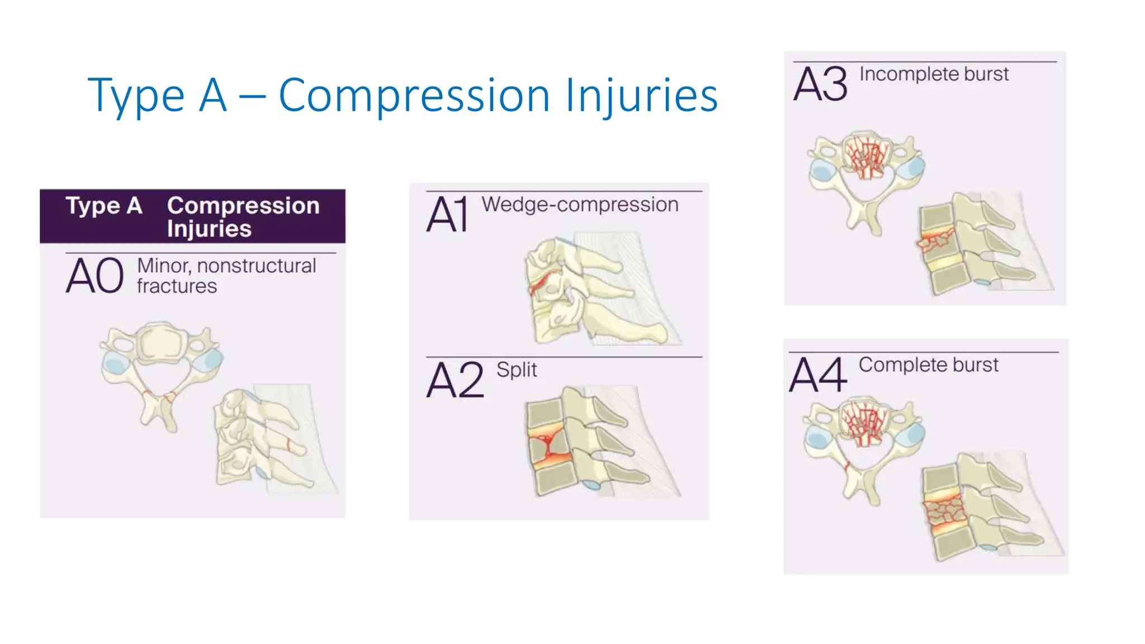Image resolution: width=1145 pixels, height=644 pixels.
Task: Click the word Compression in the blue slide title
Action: [x=414, y=96]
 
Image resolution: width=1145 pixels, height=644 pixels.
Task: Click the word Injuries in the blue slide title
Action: [x=641, y=96]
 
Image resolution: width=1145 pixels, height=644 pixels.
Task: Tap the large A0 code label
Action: [x=94, y=276]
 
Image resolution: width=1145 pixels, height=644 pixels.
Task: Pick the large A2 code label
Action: [x=455, y=380]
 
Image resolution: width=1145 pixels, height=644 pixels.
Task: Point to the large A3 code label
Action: [x=820, y=84]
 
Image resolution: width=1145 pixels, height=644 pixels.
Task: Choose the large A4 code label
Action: [x=818, y=375]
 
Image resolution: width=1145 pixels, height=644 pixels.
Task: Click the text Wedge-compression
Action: [x=580, y=205]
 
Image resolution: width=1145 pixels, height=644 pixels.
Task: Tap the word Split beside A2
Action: [x=517, y=370]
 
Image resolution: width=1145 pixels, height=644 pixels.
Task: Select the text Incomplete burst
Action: [x=934, y=74]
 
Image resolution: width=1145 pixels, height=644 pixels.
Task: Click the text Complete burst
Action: [x=928, y=364]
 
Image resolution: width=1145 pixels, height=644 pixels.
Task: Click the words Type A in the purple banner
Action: [x=104, y=206]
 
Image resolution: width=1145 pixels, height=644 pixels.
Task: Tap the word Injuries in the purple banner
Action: [x=209, y=229]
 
